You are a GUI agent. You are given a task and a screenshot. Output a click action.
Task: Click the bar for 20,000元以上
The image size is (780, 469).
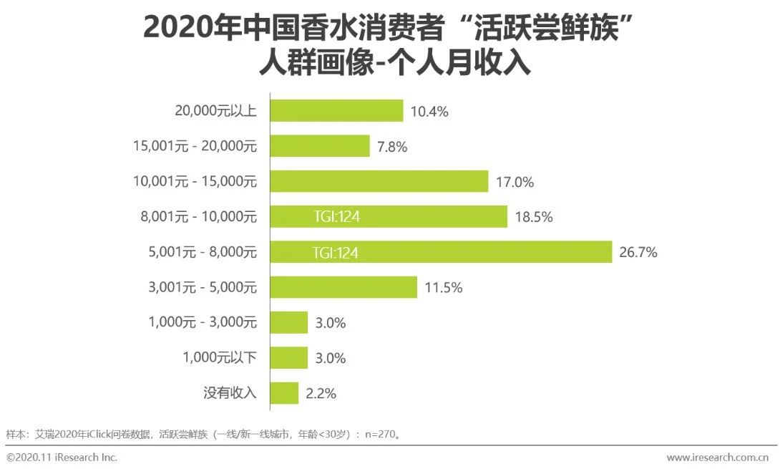click(336, 111)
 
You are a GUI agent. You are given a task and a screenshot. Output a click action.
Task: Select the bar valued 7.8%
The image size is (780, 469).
click(320, 147)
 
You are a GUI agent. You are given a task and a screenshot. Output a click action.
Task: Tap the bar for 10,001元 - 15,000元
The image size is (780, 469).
click(379, 182)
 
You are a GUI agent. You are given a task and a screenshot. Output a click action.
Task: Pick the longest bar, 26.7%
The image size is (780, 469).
click(441, 252)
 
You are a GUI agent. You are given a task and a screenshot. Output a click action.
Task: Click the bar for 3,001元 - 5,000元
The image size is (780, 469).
click(343, 287)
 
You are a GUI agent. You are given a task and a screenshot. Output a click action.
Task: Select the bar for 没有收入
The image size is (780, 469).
click(284, 393)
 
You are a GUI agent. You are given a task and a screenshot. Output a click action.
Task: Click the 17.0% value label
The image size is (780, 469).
click(515, 182)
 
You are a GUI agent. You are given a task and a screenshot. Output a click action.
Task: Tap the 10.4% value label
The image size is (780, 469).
click(429, 112)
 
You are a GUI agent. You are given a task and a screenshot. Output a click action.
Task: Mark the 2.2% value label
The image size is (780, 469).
click(321, 393)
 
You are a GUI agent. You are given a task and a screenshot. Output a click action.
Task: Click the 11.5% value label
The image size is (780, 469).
click(444, 288)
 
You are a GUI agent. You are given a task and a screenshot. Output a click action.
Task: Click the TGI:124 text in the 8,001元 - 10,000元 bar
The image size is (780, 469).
click(336, 217)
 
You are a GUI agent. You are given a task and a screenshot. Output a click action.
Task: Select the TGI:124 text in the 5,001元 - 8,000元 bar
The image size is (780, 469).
click(336, 252)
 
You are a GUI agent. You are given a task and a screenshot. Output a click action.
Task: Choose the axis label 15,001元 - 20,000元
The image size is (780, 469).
click(195, 147)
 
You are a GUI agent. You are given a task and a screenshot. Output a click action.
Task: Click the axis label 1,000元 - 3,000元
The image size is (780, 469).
click(203, 323)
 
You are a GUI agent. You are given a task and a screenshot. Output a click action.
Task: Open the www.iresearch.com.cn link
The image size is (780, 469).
click(721, 457)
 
